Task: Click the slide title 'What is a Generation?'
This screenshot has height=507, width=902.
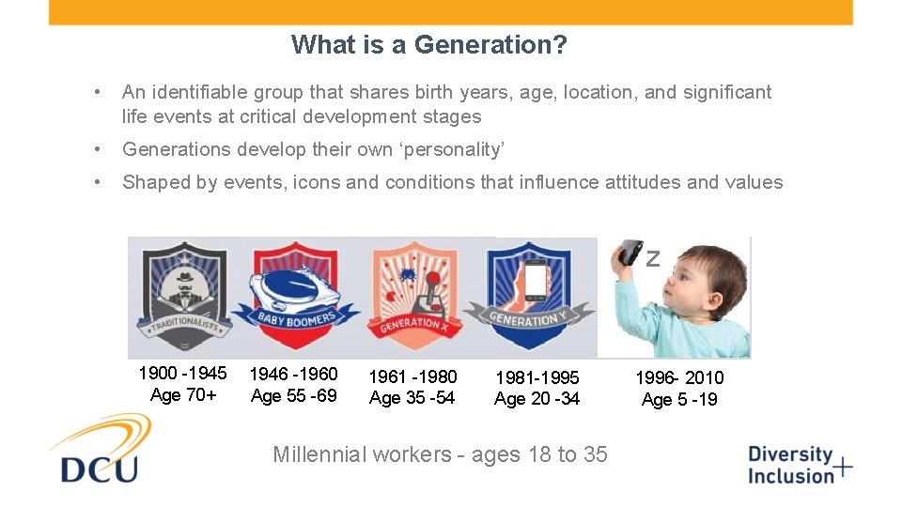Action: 428,44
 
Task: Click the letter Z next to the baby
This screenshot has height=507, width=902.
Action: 653,259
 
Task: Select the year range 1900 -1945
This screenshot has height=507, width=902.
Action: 182,374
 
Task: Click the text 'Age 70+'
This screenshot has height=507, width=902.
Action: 183,395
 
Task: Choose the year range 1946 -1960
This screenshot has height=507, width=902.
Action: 293,374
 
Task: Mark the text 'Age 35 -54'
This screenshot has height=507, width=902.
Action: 412,398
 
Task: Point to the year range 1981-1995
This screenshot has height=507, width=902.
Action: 537,377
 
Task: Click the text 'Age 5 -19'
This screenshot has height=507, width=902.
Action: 679,400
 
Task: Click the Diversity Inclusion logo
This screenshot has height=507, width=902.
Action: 799,465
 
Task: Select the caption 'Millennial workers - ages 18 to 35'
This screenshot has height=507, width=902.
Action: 440,454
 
